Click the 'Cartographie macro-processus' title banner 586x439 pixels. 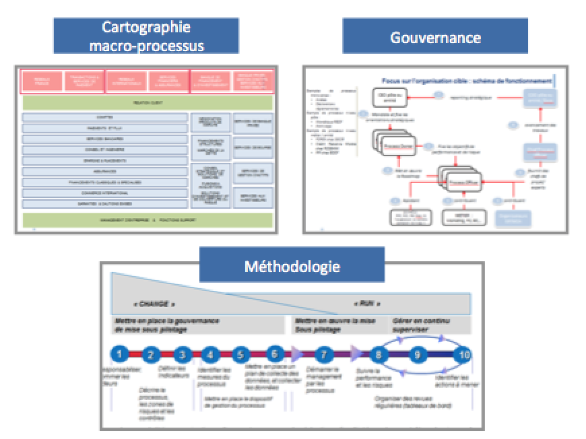coord(146,36)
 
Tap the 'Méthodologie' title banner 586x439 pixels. coord(292,265)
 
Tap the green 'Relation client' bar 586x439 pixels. coord(148,103)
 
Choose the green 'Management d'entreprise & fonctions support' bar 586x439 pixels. coord(148,219)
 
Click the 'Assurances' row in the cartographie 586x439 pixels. coord(104,171)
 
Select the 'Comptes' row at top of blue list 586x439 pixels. coord(104,117)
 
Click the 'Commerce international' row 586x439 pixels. coord(104,193)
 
